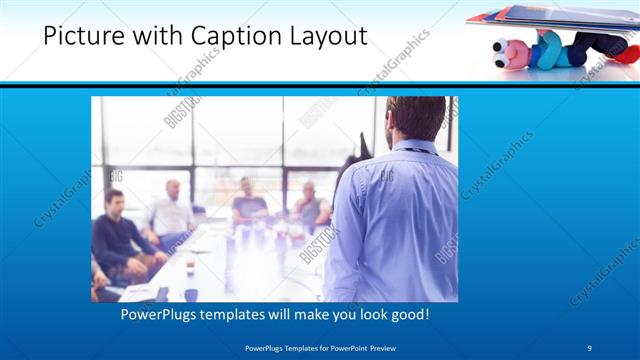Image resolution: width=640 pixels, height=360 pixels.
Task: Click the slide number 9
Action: pyautogui.click(x=590, y=347)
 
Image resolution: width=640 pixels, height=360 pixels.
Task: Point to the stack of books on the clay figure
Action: pyautogui.click(x=540, y=17)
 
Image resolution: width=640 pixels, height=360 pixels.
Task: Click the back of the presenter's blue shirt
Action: pyautogui.click(x=395, y=220)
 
